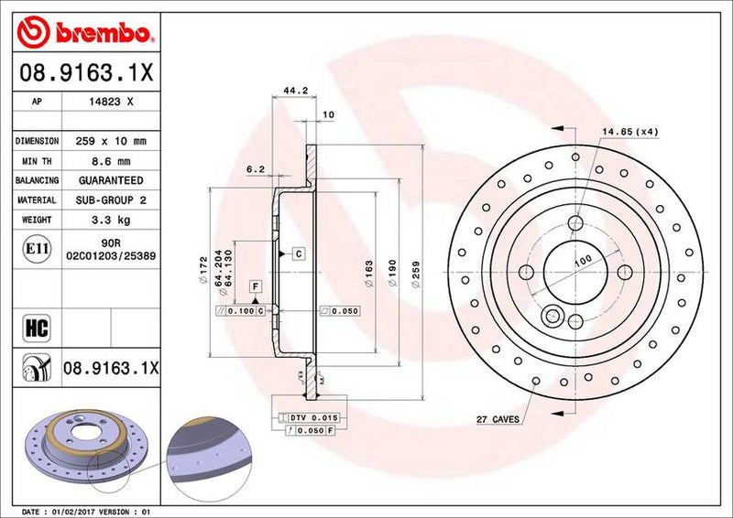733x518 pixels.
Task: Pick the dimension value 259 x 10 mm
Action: (x=114, y=141)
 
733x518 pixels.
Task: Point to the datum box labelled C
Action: (x=299, y=252)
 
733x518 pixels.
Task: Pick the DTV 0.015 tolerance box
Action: (x=309, y=417)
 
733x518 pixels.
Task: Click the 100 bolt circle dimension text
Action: (x=581, y=262)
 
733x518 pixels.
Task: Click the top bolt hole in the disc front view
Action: (x=575, y=222)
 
